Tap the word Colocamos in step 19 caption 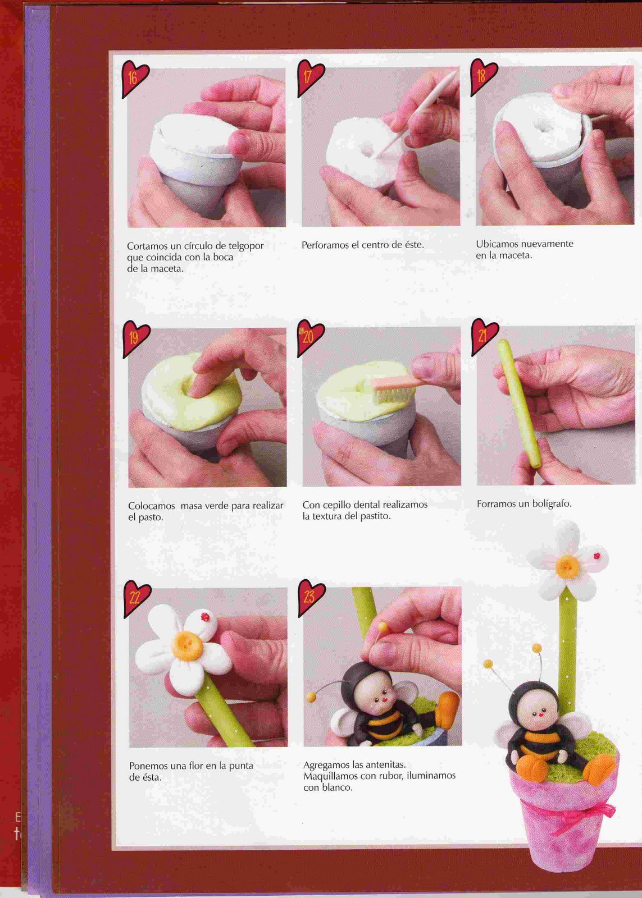[152, 506]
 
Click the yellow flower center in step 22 [186, 647]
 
